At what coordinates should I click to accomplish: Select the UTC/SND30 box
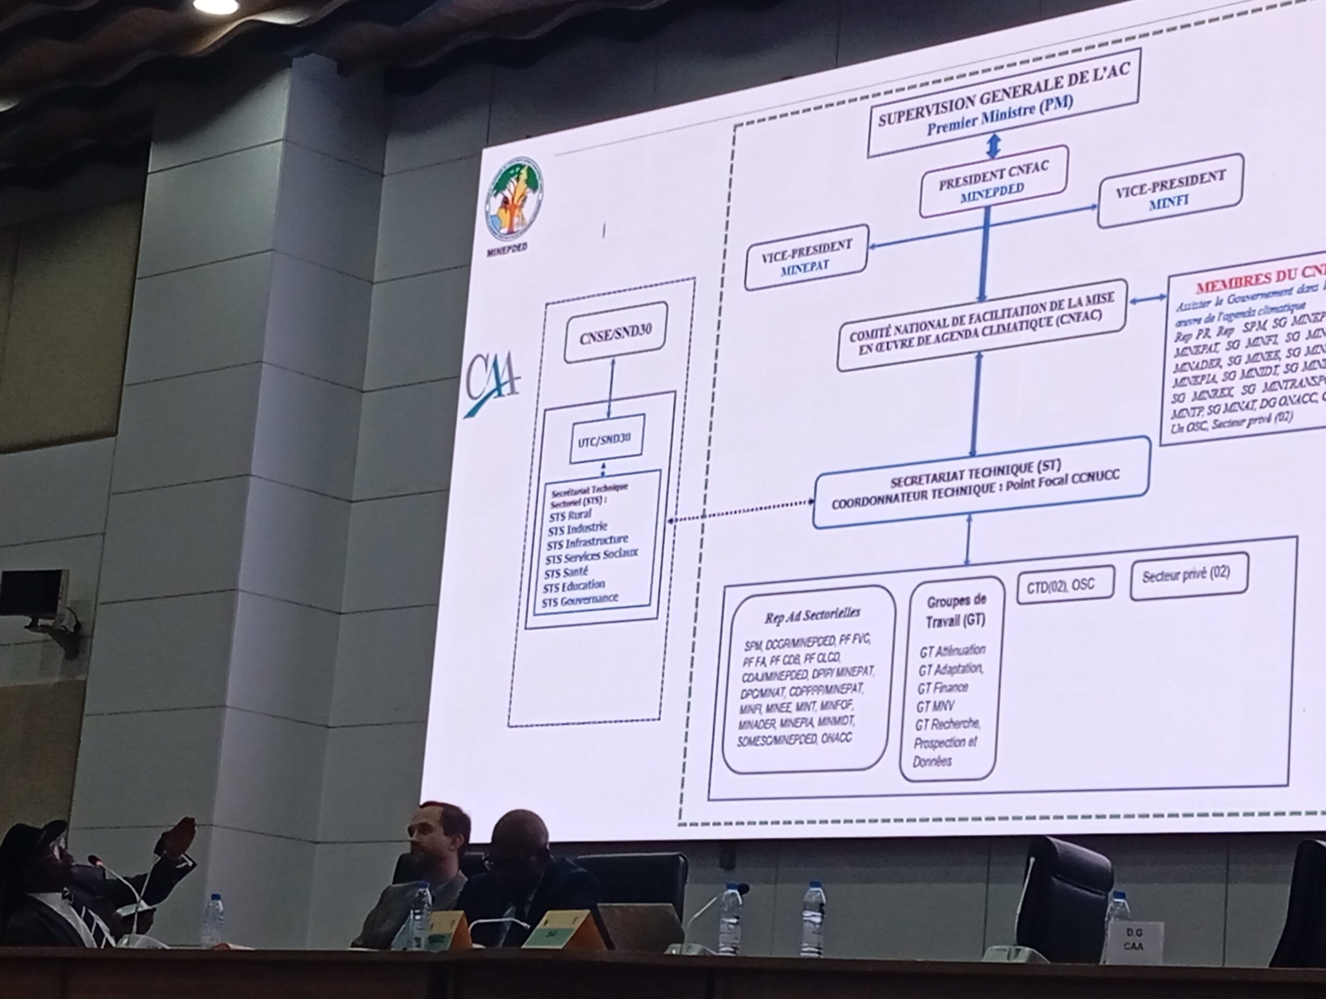pyautogui.click(x=607, y=438)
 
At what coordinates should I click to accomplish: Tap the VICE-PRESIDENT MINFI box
pyautogui.click(x=1170, y=190)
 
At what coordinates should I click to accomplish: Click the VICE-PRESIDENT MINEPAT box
pyautogui.click(x=806, y=257)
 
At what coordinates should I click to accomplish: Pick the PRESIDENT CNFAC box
pyautogui.click(x=993, y=181)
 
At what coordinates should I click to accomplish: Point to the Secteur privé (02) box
pyautogui.click(x=1189, y=575)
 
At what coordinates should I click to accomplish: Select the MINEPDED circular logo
pyautogui.click(x=514, y=198)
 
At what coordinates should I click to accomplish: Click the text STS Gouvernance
pyautogui.click(x=580, y=600)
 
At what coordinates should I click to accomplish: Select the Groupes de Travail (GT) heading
pyautogui.click(x=956, y=611)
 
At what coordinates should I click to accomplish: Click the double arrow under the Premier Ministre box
pyautogui.click(x=993, y=146)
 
